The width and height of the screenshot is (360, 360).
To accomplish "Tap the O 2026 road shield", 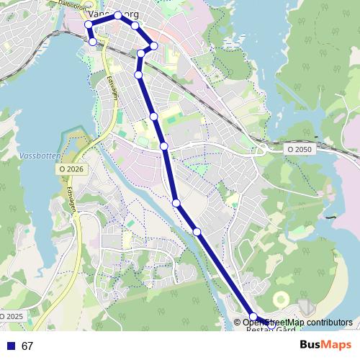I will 71,168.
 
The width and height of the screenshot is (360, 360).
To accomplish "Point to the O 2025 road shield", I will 12,316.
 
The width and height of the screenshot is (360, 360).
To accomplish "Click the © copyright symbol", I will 238,322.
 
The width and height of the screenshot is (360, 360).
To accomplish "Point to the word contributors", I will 328,322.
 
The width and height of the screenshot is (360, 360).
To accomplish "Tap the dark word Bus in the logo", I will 310,346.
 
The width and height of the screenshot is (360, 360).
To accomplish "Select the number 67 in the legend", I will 27,346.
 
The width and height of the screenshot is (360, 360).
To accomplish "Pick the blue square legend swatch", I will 10,346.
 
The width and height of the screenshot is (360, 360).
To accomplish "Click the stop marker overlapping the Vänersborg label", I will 117,15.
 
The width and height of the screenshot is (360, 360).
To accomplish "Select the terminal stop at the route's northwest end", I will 93,42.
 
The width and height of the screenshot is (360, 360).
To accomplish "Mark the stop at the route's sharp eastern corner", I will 153,45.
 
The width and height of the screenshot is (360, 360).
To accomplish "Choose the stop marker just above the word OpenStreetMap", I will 253,316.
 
